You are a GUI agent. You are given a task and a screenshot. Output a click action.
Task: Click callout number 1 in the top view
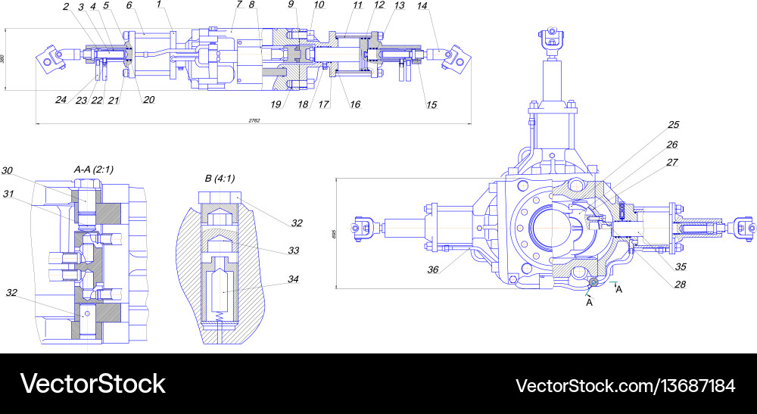[160, 5]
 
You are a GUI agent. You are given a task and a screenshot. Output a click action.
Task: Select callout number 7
[238, 5]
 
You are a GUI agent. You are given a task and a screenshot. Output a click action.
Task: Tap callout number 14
[422, 6]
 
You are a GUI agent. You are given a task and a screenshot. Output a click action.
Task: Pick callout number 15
[431, 104]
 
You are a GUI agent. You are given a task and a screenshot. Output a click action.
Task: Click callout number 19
[276, 104]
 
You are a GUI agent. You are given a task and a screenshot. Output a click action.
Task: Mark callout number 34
[293, 279]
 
